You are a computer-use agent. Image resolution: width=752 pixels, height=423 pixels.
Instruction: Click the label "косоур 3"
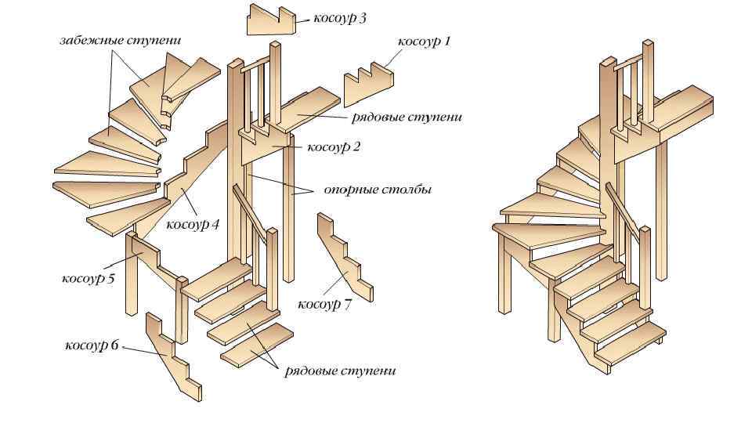coord(340,17)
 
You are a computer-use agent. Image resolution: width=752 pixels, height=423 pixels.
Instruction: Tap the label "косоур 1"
coord(425,41)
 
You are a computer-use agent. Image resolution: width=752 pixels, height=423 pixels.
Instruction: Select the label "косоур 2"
coord(333,146)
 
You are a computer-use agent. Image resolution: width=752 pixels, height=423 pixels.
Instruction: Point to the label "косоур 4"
coord(193,225)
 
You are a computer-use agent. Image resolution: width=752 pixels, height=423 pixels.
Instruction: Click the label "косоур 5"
coord(89,278)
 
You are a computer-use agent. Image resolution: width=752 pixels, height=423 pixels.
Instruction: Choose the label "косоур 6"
coord(91,345)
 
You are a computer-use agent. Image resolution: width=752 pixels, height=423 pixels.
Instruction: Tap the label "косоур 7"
coord(325,304)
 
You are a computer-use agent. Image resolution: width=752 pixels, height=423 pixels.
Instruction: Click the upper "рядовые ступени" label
coord(408,117)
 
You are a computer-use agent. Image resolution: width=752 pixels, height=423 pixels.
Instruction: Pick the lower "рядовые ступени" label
coord(342,371)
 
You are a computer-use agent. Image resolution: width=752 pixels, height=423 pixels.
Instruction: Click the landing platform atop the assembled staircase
coord(681,110)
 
